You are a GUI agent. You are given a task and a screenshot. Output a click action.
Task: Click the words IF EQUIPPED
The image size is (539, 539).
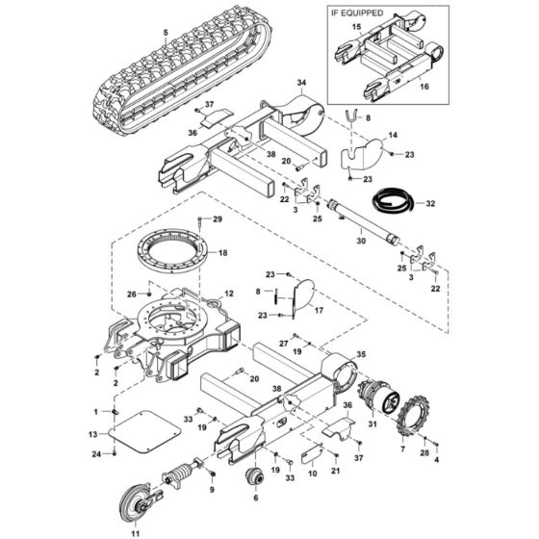tap(359, 14)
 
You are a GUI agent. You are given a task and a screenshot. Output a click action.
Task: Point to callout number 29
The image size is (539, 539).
tap(218, 220)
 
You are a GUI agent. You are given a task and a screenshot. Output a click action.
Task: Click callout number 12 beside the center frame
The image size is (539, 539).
tap(229, 292)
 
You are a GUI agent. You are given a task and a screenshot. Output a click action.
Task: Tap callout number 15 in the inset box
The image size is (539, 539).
tap(355, 29)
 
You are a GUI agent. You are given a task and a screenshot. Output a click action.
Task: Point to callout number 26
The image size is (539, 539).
tap(132, 295)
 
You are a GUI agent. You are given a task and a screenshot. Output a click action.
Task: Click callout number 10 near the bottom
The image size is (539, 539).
tap(311, 473)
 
